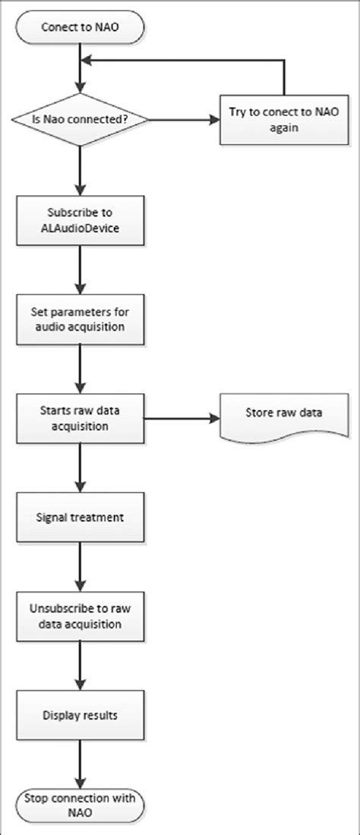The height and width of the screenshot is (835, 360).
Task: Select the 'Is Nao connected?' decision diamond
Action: (x=78, y=119)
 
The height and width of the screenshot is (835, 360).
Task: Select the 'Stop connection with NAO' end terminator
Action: (x=78, y=804)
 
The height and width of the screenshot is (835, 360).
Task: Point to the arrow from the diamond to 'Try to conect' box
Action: (x=182, y=119)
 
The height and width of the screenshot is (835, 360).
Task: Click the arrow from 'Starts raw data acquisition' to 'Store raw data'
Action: (x=182, y=417)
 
